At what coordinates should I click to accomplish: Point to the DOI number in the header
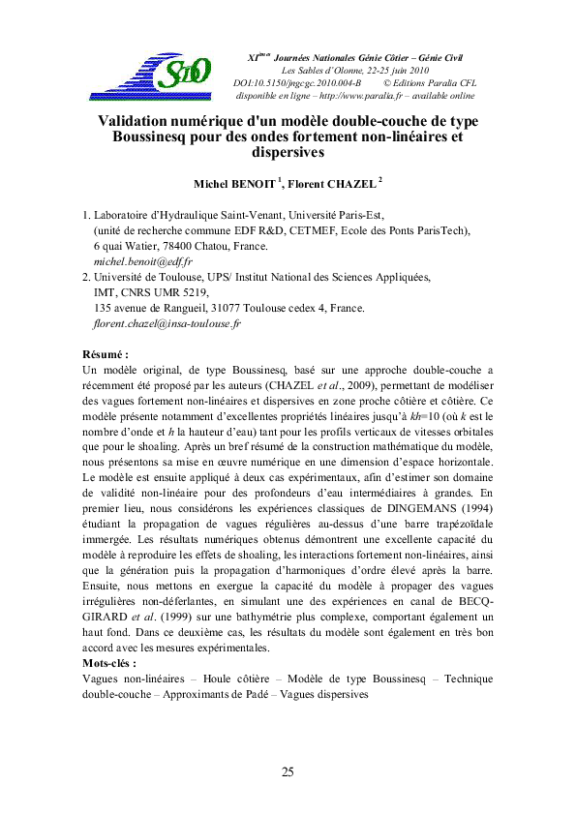(x=305, y=84)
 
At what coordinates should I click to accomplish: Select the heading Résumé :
(x=106, y=355)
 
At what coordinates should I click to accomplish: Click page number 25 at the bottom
(x=288, y=771)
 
